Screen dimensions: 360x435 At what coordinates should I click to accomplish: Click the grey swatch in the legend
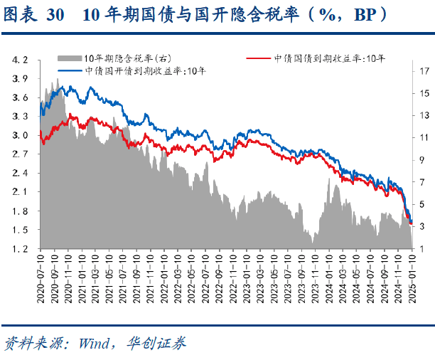click(70, 58)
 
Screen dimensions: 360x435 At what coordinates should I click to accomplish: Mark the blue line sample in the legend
click(70, 70)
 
